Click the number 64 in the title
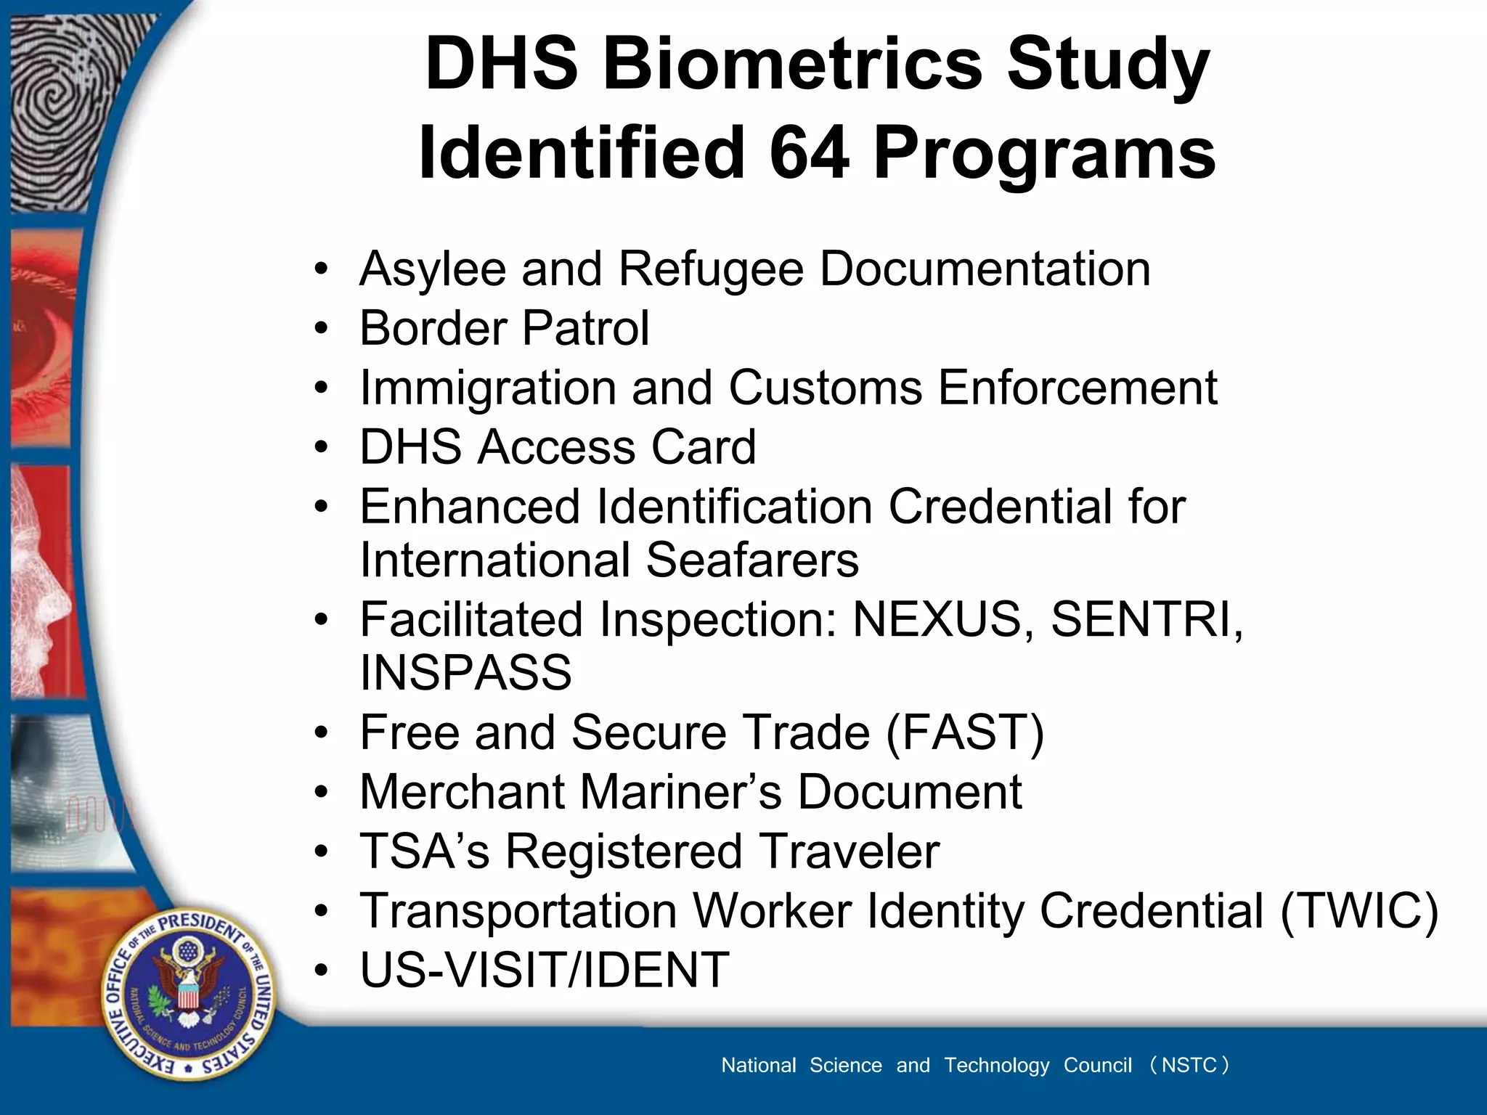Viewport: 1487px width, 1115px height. coord(809,153)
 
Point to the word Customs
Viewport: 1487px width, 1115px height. coord(825,388)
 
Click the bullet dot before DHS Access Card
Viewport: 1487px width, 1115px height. coord(321,447)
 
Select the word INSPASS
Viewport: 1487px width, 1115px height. coord(465,673)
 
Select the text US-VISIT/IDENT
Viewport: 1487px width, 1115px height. coord(545,970)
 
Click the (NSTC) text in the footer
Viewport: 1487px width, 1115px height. coord(1189,1065)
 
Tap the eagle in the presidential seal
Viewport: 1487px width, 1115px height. coord(187,991)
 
